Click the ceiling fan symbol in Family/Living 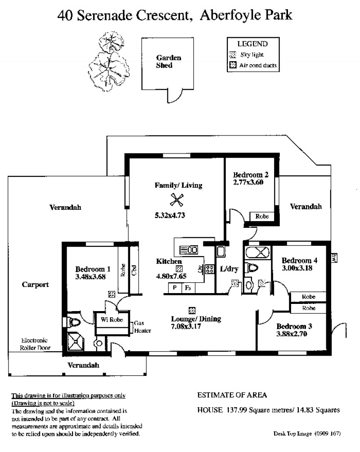[176, 200]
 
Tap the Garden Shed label [169, 61]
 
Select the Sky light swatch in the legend [233, 55]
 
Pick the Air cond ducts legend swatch [233, 65]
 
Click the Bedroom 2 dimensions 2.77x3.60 [248, 182]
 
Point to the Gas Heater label [142, 327]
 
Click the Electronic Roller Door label [35, 344]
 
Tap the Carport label [36, 285]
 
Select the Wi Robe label [112, 319]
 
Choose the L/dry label [229, 269]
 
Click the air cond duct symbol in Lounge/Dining [192, 311]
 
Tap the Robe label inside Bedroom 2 [262, 216]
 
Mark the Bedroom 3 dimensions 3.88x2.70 [292, 334]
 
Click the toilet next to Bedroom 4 [252, 268]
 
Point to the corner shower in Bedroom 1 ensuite [76, 341]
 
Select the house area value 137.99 [237, 410]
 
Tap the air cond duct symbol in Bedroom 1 [112, 294]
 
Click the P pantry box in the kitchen [175, 288]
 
